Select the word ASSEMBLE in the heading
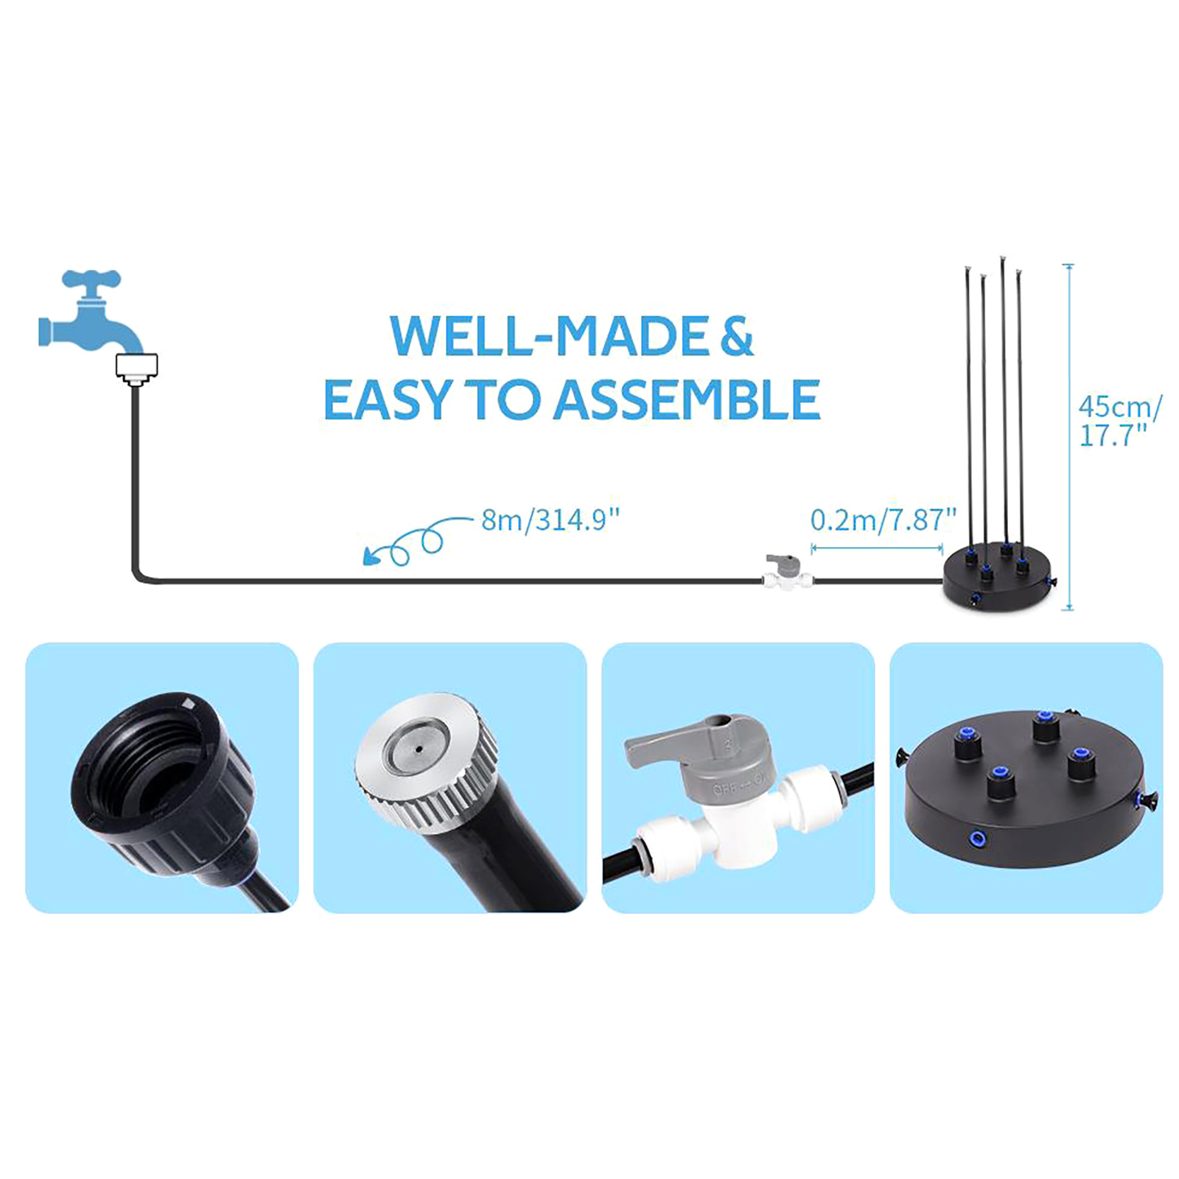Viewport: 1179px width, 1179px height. (687, 400)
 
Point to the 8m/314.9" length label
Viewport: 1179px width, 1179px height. (550, 520)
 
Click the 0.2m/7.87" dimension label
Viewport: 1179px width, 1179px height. (883, 520)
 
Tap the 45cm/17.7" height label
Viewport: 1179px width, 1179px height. (1120, 421)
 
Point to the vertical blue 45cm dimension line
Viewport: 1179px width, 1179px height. (1069, 437)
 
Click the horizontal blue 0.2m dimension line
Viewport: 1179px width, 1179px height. (877, 548)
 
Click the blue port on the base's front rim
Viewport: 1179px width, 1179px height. (978, 838)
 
